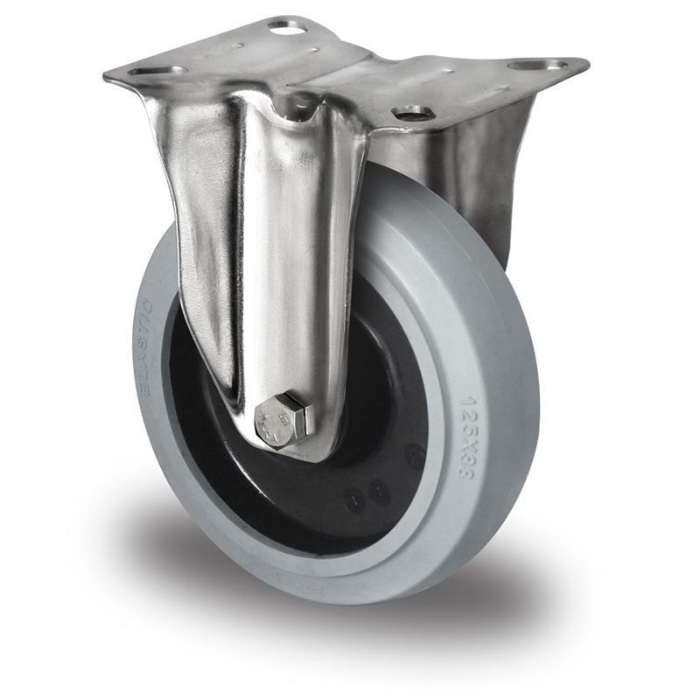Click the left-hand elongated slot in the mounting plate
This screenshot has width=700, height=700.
pos(158,71)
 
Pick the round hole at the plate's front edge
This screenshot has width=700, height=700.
pos(412,113)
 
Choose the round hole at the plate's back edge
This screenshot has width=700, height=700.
pos(288,27)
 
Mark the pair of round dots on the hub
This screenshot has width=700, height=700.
pos(367,495)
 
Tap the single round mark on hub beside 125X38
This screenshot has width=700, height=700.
pos(414,455)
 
